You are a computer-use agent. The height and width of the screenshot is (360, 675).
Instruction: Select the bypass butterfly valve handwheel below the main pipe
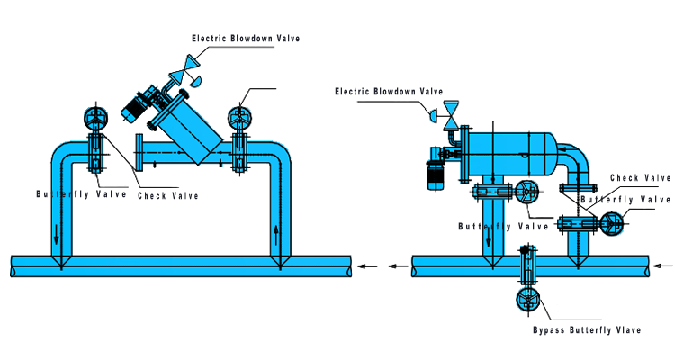click(526, 301)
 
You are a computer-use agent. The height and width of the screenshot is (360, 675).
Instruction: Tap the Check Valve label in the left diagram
click(167, 195)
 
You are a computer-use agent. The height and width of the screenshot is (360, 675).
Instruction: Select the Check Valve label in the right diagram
click(640, 177)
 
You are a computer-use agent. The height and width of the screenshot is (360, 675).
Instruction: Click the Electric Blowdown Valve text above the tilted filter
click(245, 38)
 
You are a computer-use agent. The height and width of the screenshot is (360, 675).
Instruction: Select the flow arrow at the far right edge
click(663, 265)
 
